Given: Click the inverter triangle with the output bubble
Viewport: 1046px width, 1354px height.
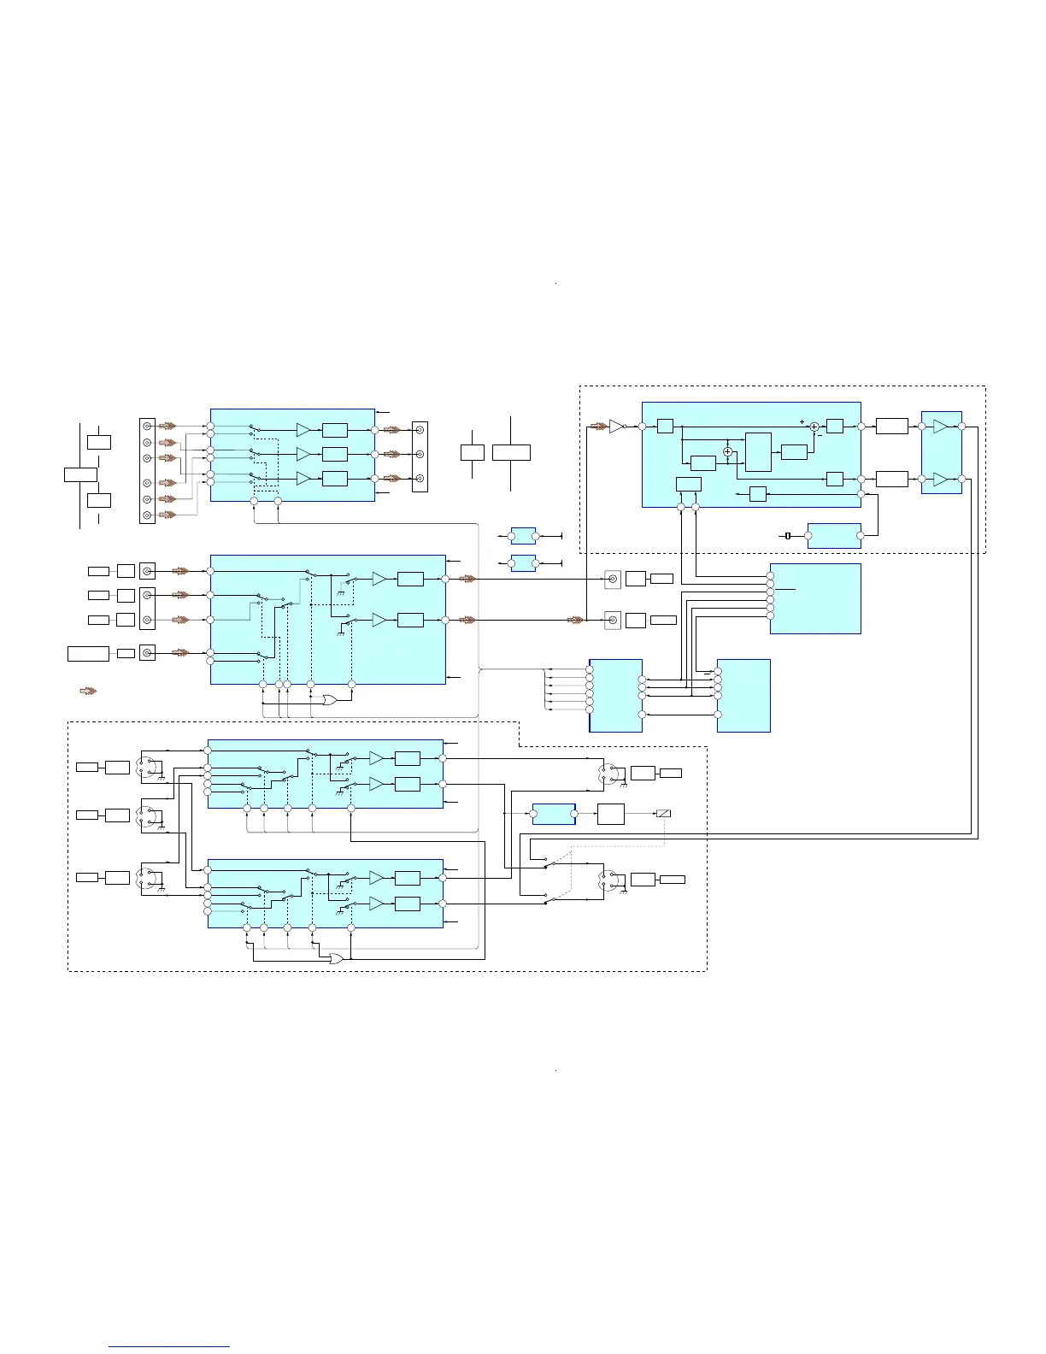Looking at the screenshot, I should (617, 426).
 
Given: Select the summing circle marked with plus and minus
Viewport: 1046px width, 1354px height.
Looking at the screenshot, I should (814, 426).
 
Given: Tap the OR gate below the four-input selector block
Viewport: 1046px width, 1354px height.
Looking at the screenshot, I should (329, 699).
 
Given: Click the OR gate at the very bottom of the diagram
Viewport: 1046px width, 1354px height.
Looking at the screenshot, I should (337, 958).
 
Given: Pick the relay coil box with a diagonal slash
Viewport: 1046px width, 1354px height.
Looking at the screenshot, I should (663, 813).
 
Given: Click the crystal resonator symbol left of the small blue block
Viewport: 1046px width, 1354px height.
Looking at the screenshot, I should (788, 536).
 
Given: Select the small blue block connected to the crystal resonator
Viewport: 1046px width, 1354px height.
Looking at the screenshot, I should (834, 536).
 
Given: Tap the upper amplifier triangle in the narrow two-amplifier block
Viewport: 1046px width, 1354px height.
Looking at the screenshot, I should (941, 427).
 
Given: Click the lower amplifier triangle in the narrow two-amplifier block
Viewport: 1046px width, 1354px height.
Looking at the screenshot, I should (941, 480).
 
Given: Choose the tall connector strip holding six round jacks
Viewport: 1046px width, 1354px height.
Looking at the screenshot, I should (147, 471).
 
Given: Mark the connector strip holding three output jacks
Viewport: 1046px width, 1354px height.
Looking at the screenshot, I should (420, 456).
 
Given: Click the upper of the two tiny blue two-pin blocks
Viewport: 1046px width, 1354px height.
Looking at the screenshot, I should (523, 536).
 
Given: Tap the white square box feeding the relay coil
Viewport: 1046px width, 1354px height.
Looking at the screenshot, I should (610, 814).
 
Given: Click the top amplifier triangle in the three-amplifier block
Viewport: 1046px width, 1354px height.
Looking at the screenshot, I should (303, 430).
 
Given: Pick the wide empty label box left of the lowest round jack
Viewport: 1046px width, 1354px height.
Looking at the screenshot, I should (88, 654).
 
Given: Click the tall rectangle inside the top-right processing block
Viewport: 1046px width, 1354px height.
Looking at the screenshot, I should (758, 451).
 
